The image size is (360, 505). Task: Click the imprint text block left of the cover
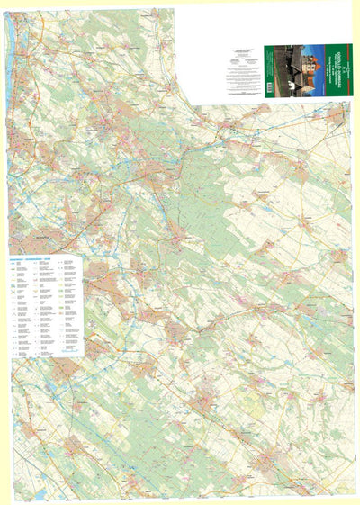(x=243, y=72)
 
